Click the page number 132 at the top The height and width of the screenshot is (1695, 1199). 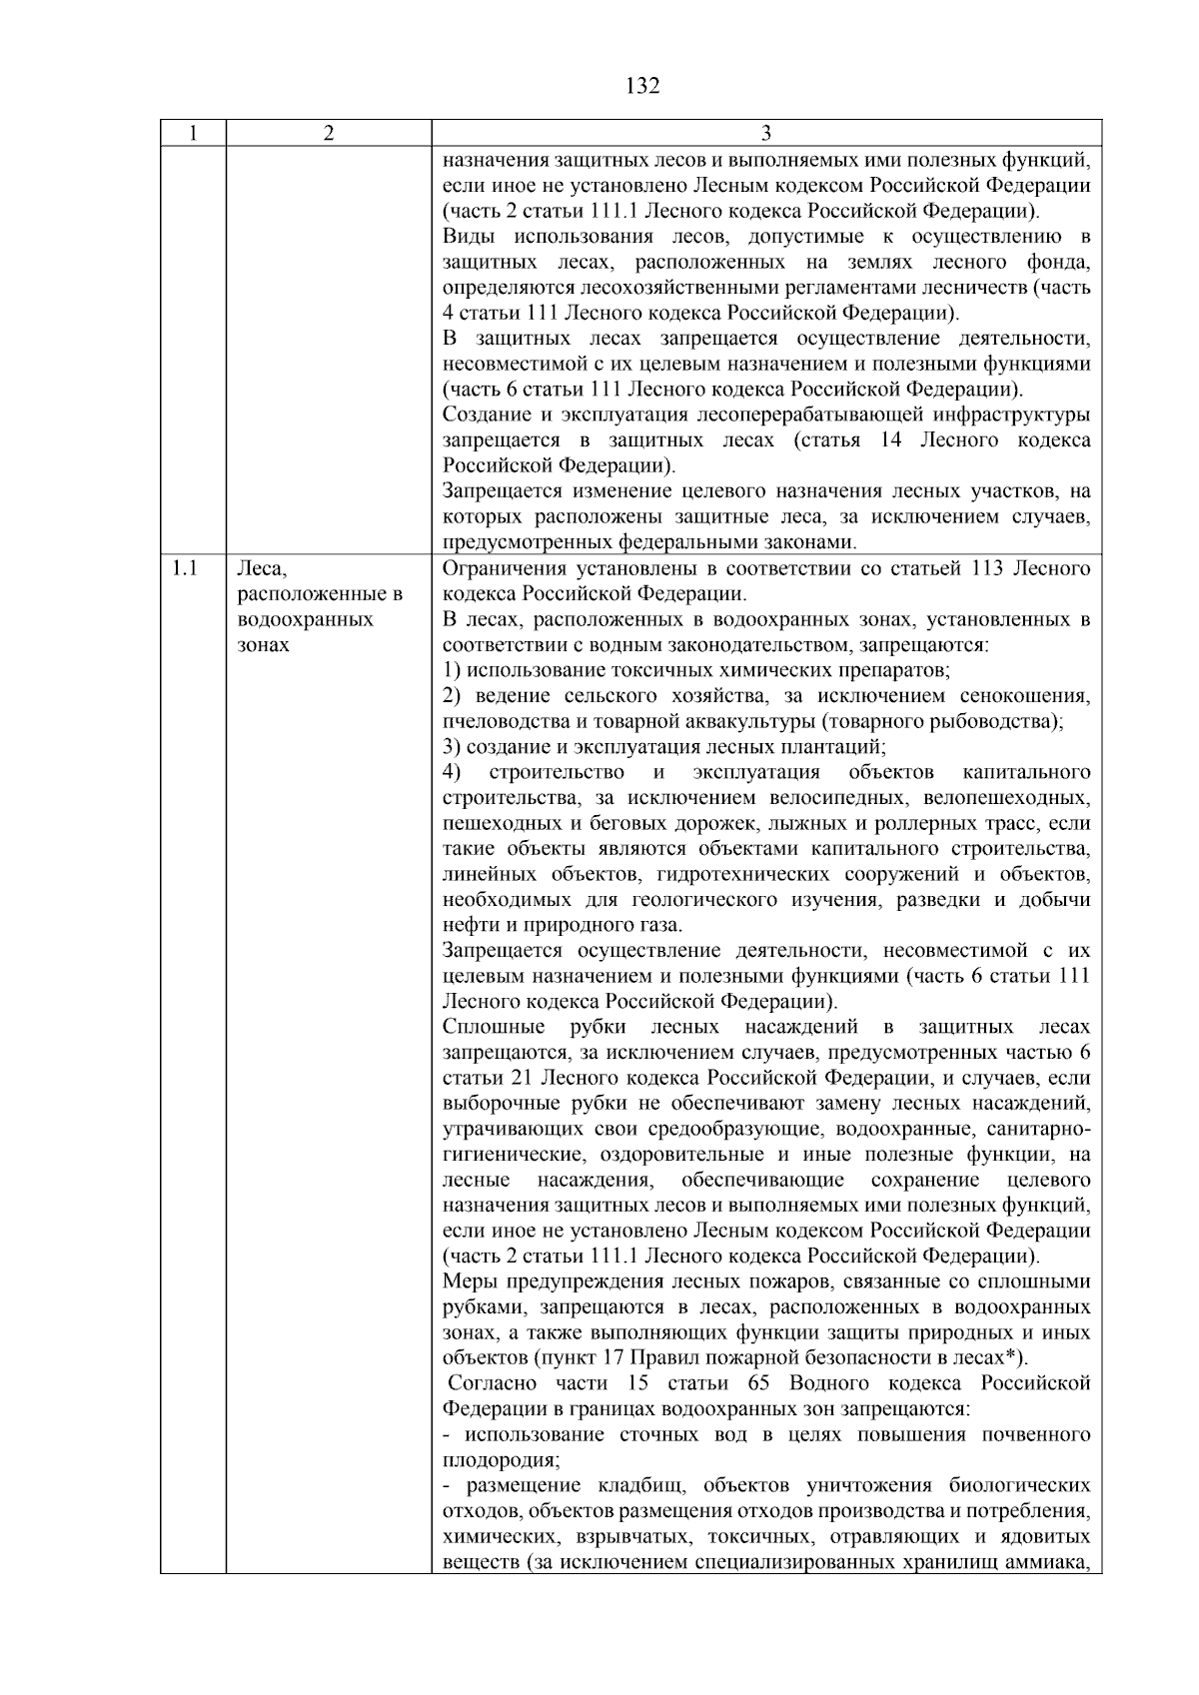click(x=642, y=86)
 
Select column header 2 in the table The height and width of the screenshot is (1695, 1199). click(x=329, y=134)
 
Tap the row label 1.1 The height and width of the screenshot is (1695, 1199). click(x=184, y=569)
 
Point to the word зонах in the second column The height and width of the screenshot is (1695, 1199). click(x=264, y=645)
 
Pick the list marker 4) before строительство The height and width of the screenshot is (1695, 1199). click(x=452, y=772)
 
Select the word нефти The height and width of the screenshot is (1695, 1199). click(x=466, y=925)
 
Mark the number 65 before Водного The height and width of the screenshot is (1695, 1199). click(x=756, y=1383)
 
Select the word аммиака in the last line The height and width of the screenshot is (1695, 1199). click(x=1049, y=1561)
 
